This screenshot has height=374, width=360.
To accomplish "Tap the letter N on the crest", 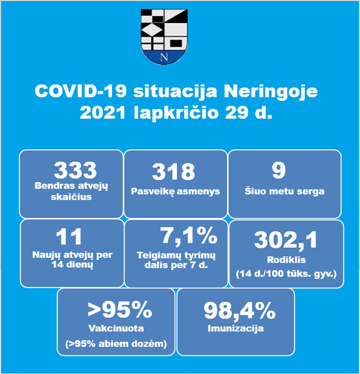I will click(164, 57).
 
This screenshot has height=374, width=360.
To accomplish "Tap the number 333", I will click(75, 170).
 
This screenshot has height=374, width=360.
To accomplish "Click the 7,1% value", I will click(189, 236).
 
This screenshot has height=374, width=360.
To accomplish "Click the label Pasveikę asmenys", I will click(175, 192).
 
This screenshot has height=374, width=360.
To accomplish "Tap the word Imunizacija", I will click(236, 328).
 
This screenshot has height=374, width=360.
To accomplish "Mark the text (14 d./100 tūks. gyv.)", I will click(286, 273).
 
